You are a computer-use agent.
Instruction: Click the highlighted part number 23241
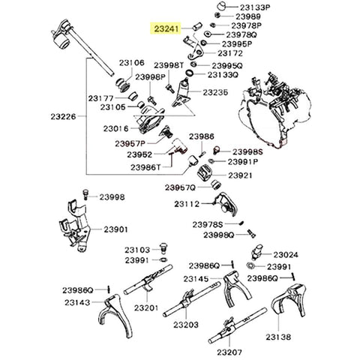166,29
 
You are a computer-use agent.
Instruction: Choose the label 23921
241,175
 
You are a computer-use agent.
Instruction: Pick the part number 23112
187,203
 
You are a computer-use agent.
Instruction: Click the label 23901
116,229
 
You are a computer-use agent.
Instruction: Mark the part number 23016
119,129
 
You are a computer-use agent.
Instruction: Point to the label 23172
230,54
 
